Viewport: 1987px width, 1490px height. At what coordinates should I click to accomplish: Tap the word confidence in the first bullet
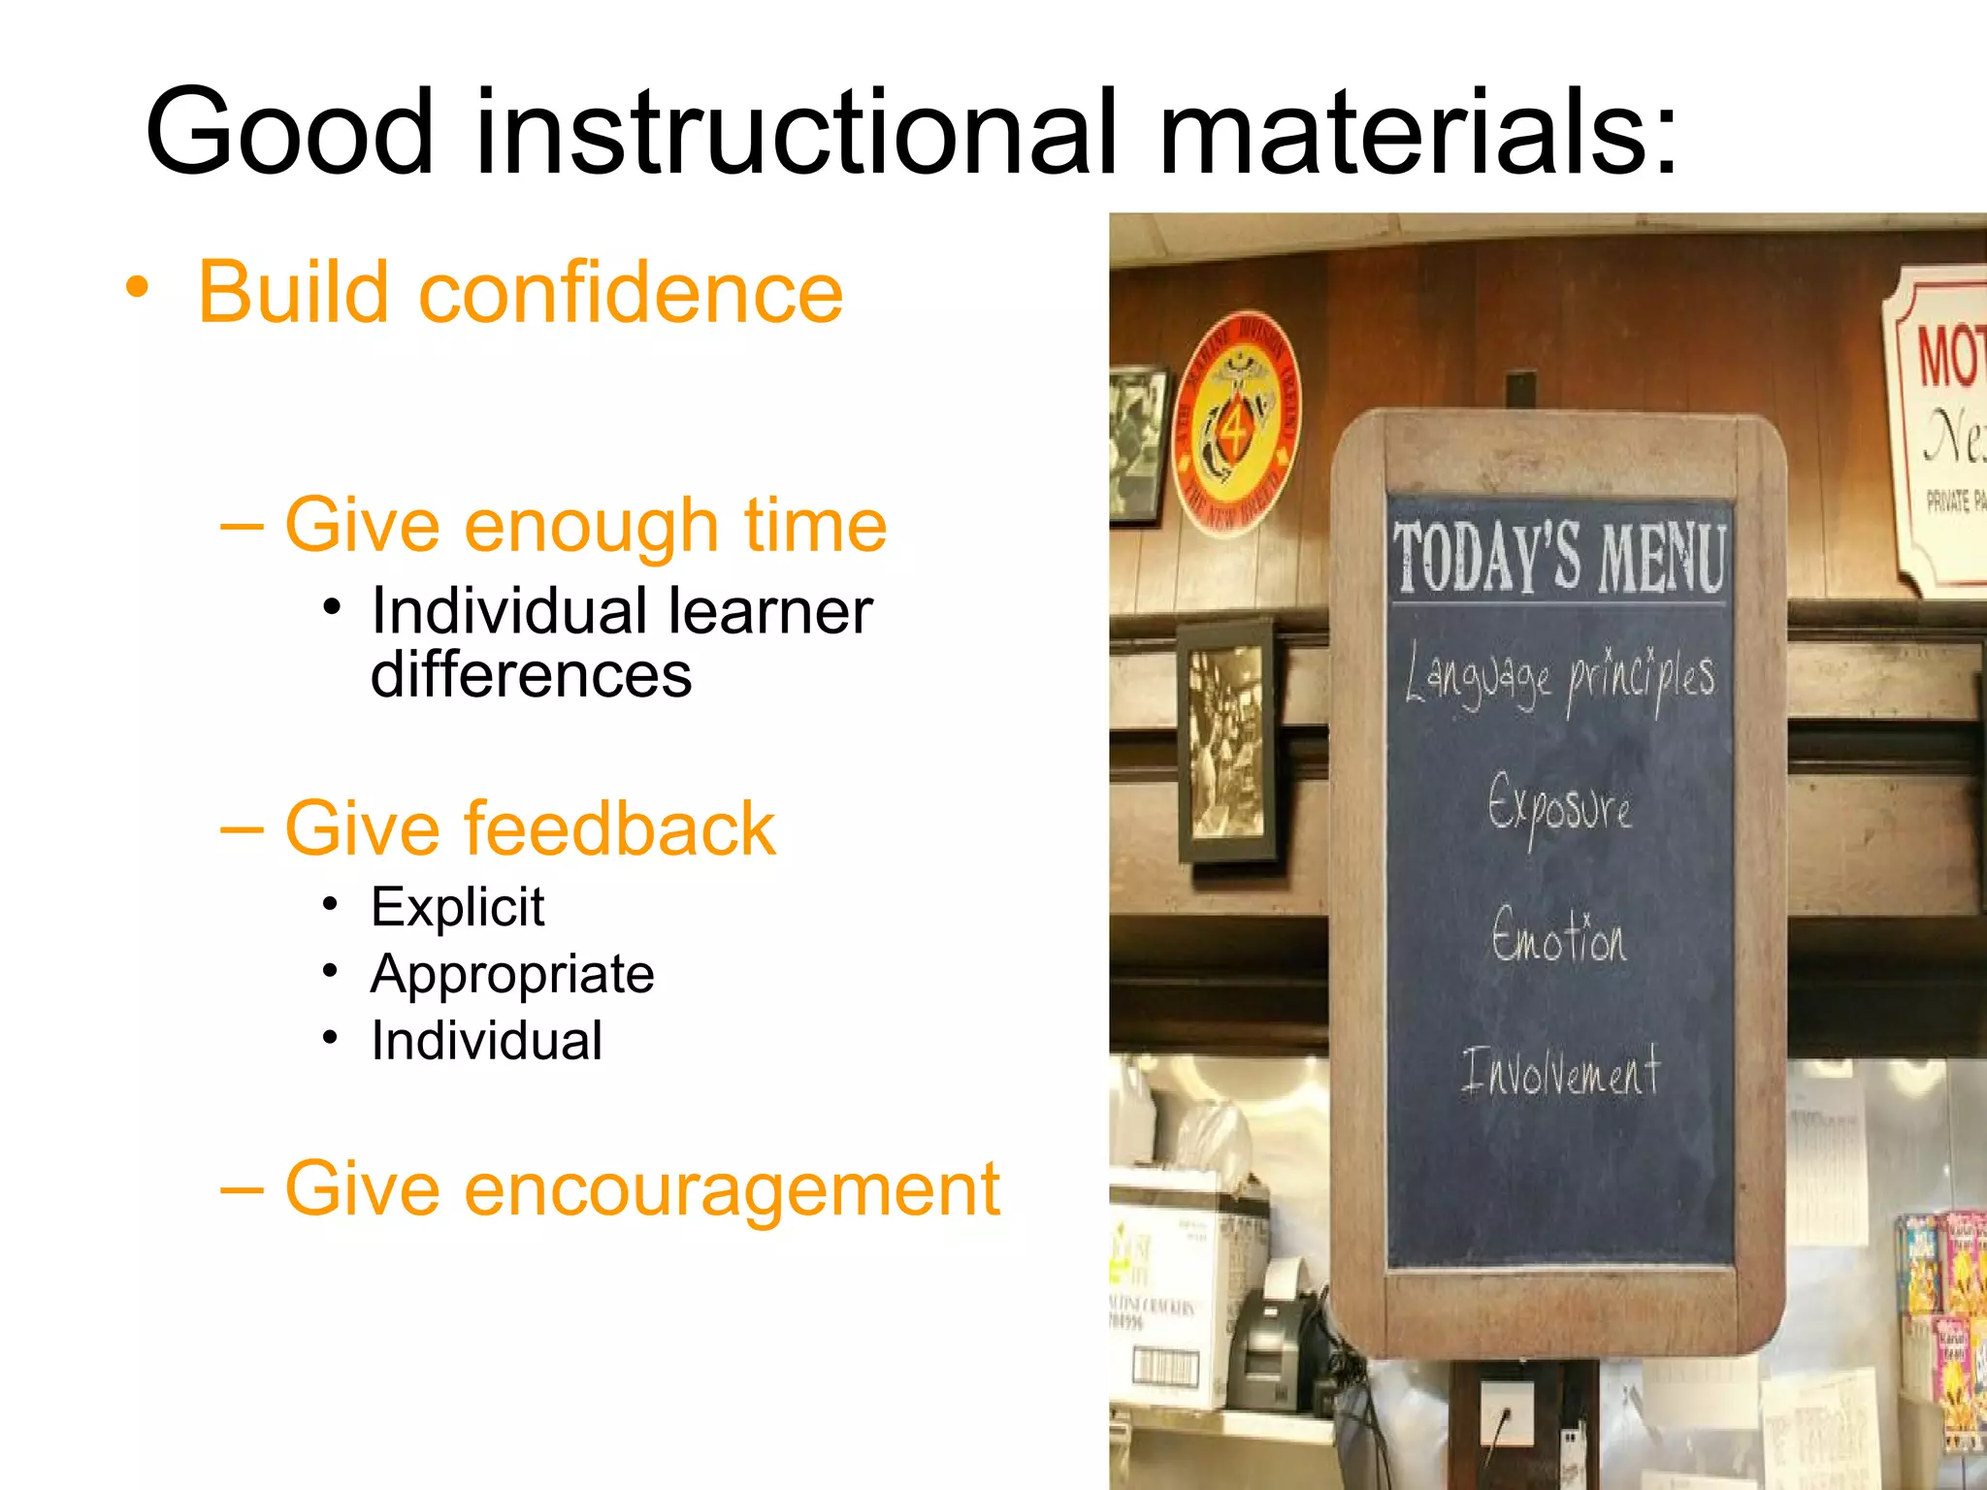pos(631,293)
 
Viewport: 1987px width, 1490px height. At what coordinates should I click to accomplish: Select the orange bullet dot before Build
pos(138,288)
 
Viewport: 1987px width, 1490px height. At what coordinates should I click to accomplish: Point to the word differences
pos(531,676)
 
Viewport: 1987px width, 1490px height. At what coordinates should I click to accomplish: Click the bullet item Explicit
pos(457,907)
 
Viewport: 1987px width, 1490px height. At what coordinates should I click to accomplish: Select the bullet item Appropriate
pos(512,974)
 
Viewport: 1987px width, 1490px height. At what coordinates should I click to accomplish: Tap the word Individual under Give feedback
pos(486,1041)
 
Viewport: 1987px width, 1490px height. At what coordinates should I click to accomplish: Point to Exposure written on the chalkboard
pos(1559,807)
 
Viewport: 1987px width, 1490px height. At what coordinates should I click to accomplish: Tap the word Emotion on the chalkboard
pos(1558,937)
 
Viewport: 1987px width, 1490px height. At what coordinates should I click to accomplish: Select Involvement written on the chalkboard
pos(1560,1073)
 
